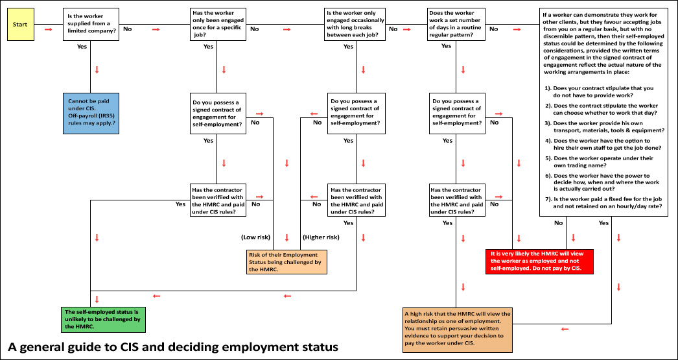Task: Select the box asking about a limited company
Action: [x=91, y=25]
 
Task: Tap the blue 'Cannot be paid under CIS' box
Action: [x=91, y=112]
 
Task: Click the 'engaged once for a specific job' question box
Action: [x=218, y=25]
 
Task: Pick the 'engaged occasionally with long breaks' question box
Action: [x=355, y=25]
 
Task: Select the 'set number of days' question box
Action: [x=456, y=25]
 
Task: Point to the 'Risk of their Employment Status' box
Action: [x=286, y=261]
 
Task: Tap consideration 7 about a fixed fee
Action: [x=603, y=202]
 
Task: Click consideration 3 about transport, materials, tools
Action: [x=603, y=126]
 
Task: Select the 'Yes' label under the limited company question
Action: [x=82, y=47]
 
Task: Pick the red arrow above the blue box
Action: [x=97, y=70]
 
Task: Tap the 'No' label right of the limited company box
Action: [x=127, y=29]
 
